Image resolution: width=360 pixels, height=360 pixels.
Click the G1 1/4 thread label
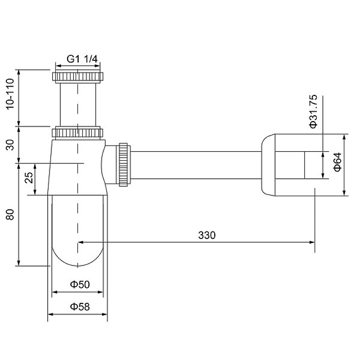[83, 58]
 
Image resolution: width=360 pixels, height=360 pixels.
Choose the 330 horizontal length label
[207, 235]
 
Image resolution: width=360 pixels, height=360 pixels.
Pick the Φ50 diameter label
[80, 284]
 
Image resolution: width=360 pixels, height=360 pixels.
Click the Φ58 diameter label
[80, 307]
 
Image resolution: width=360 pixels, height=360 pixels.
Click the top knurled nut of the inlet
[78, 76]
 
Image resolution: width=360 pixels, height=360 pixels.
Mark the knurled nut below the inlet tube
[78, 133]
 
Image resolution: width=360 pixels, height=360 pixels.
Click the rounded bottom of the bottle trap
[78, 254]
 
